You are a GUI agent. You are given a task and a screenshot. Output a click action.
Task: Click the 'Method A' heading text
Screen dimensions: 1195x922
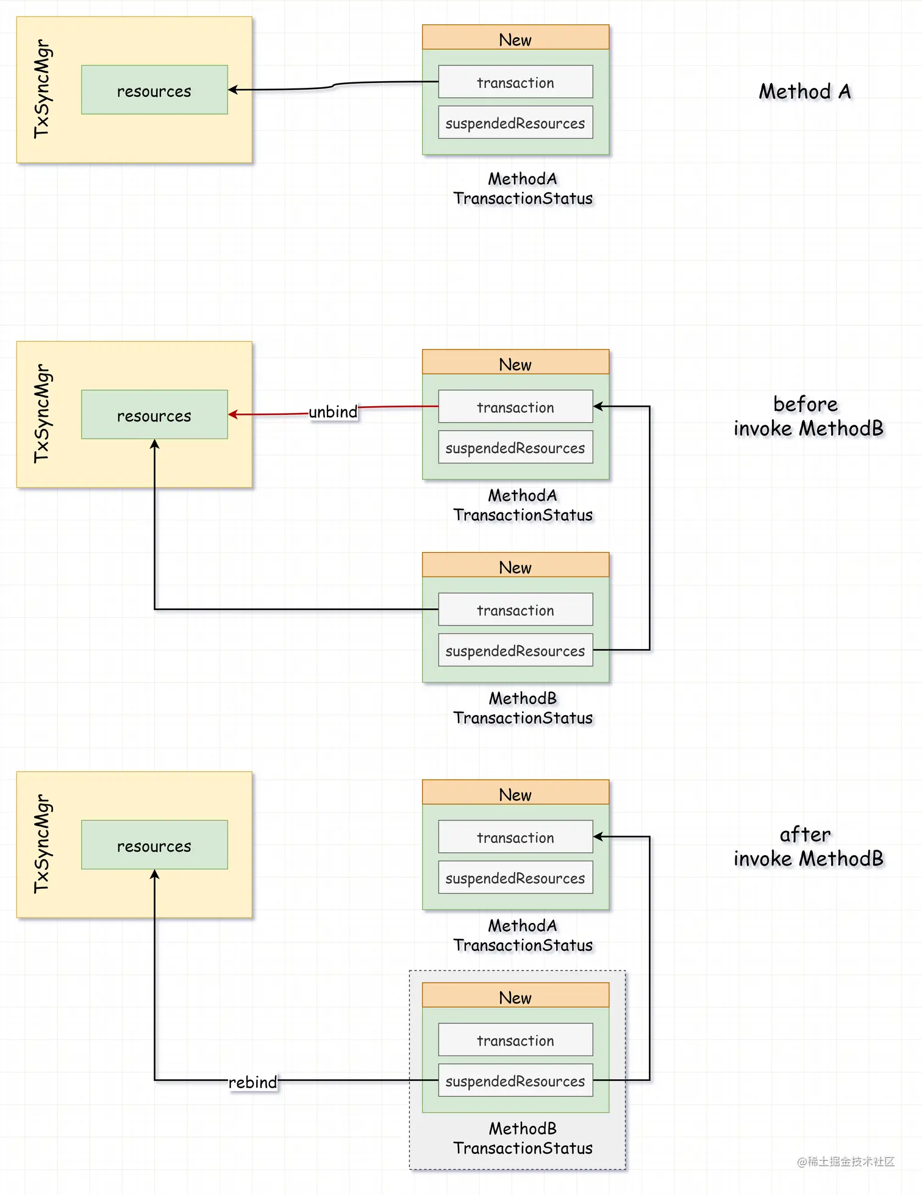(804, 92)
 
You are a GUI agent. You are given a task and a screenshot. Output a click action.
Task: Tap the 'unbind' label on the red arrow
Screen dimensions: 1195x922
(333, 412)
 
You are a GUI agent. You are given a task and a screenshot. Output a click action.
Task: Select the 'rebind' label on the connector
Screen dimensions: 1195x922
(252, 1082)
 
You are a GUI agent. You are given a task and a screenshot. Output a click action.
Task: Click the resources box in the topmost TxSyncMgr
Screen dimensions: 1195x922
(154, 90)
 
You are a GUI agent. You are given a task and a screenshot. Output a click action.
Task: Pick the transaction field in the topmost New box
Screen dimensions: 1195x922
(515, 82)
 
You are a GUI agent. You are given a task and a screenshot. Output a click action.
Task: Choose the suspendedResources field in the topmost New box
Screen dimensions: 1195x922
(515, 123)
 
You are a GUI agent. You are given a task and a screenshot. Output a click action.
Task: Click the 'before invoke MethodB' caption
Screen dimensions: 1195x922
(808, 416)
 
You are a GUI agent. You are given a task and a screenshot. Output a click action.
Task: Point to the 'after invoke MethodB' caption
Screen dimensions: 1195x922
(808, 846)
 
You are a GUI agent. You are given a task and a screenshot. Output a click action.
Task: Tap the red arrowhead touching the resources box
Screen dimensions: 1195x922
(233, 415)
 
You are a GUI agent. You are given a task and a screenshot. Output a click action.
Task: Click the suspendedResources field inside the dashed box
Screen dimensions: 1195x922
(515, 1080)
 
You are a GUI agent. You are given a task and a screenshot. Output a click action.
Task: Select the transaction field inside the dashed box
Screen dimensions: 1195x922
(515, 1040)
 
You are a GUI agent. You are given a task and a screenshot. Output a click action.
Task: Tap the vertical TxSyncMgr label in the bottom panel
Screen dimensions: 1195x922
(41, 844)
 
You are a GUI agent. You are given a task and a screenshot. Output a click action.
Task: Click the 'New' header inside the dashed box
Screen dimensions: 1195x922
(515, 997)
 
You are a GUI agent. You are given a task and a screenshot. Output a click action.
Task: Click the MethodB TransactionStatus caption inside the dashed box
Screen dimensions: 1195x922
(523, 1138)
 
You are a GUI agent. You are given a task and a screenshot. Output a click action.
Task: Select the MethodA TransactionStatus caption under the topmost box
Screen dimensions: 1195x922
(523, 188)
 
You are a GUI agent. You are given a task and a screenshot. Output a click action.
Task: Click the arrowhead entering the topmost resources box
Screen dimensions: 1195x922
(233, 90)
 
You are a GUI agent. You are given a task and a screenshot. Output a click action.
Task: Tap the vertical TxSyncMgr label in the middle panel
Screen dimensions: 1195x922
(41, 414)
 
